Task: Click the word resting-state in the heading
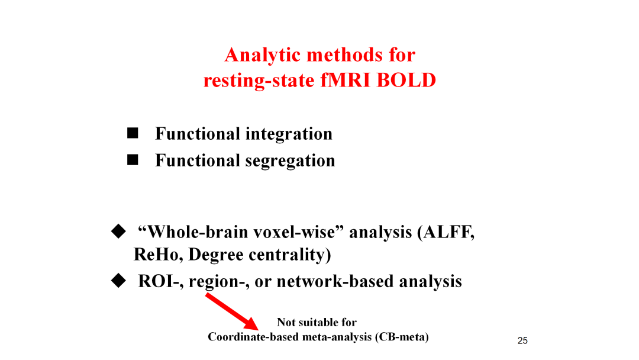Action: (x=259, y=81)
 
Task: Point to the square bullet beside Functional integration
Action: (x=133, y=133)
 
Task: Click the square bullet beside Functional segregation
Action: (x=133, y=159)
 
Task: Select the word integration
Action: (x=289, y=134)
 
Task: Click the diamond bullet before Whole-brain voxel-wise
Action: (x=118, y=231)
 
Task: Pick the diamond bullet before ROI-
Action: (x=118, y=281)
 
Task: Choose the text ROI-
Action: (x=160, y=282)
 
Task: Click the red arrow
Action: (x=231, y=311)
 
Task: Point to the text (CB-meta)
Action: (x=402, y=337)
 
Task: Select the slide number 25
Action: (x=522, y=341)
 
